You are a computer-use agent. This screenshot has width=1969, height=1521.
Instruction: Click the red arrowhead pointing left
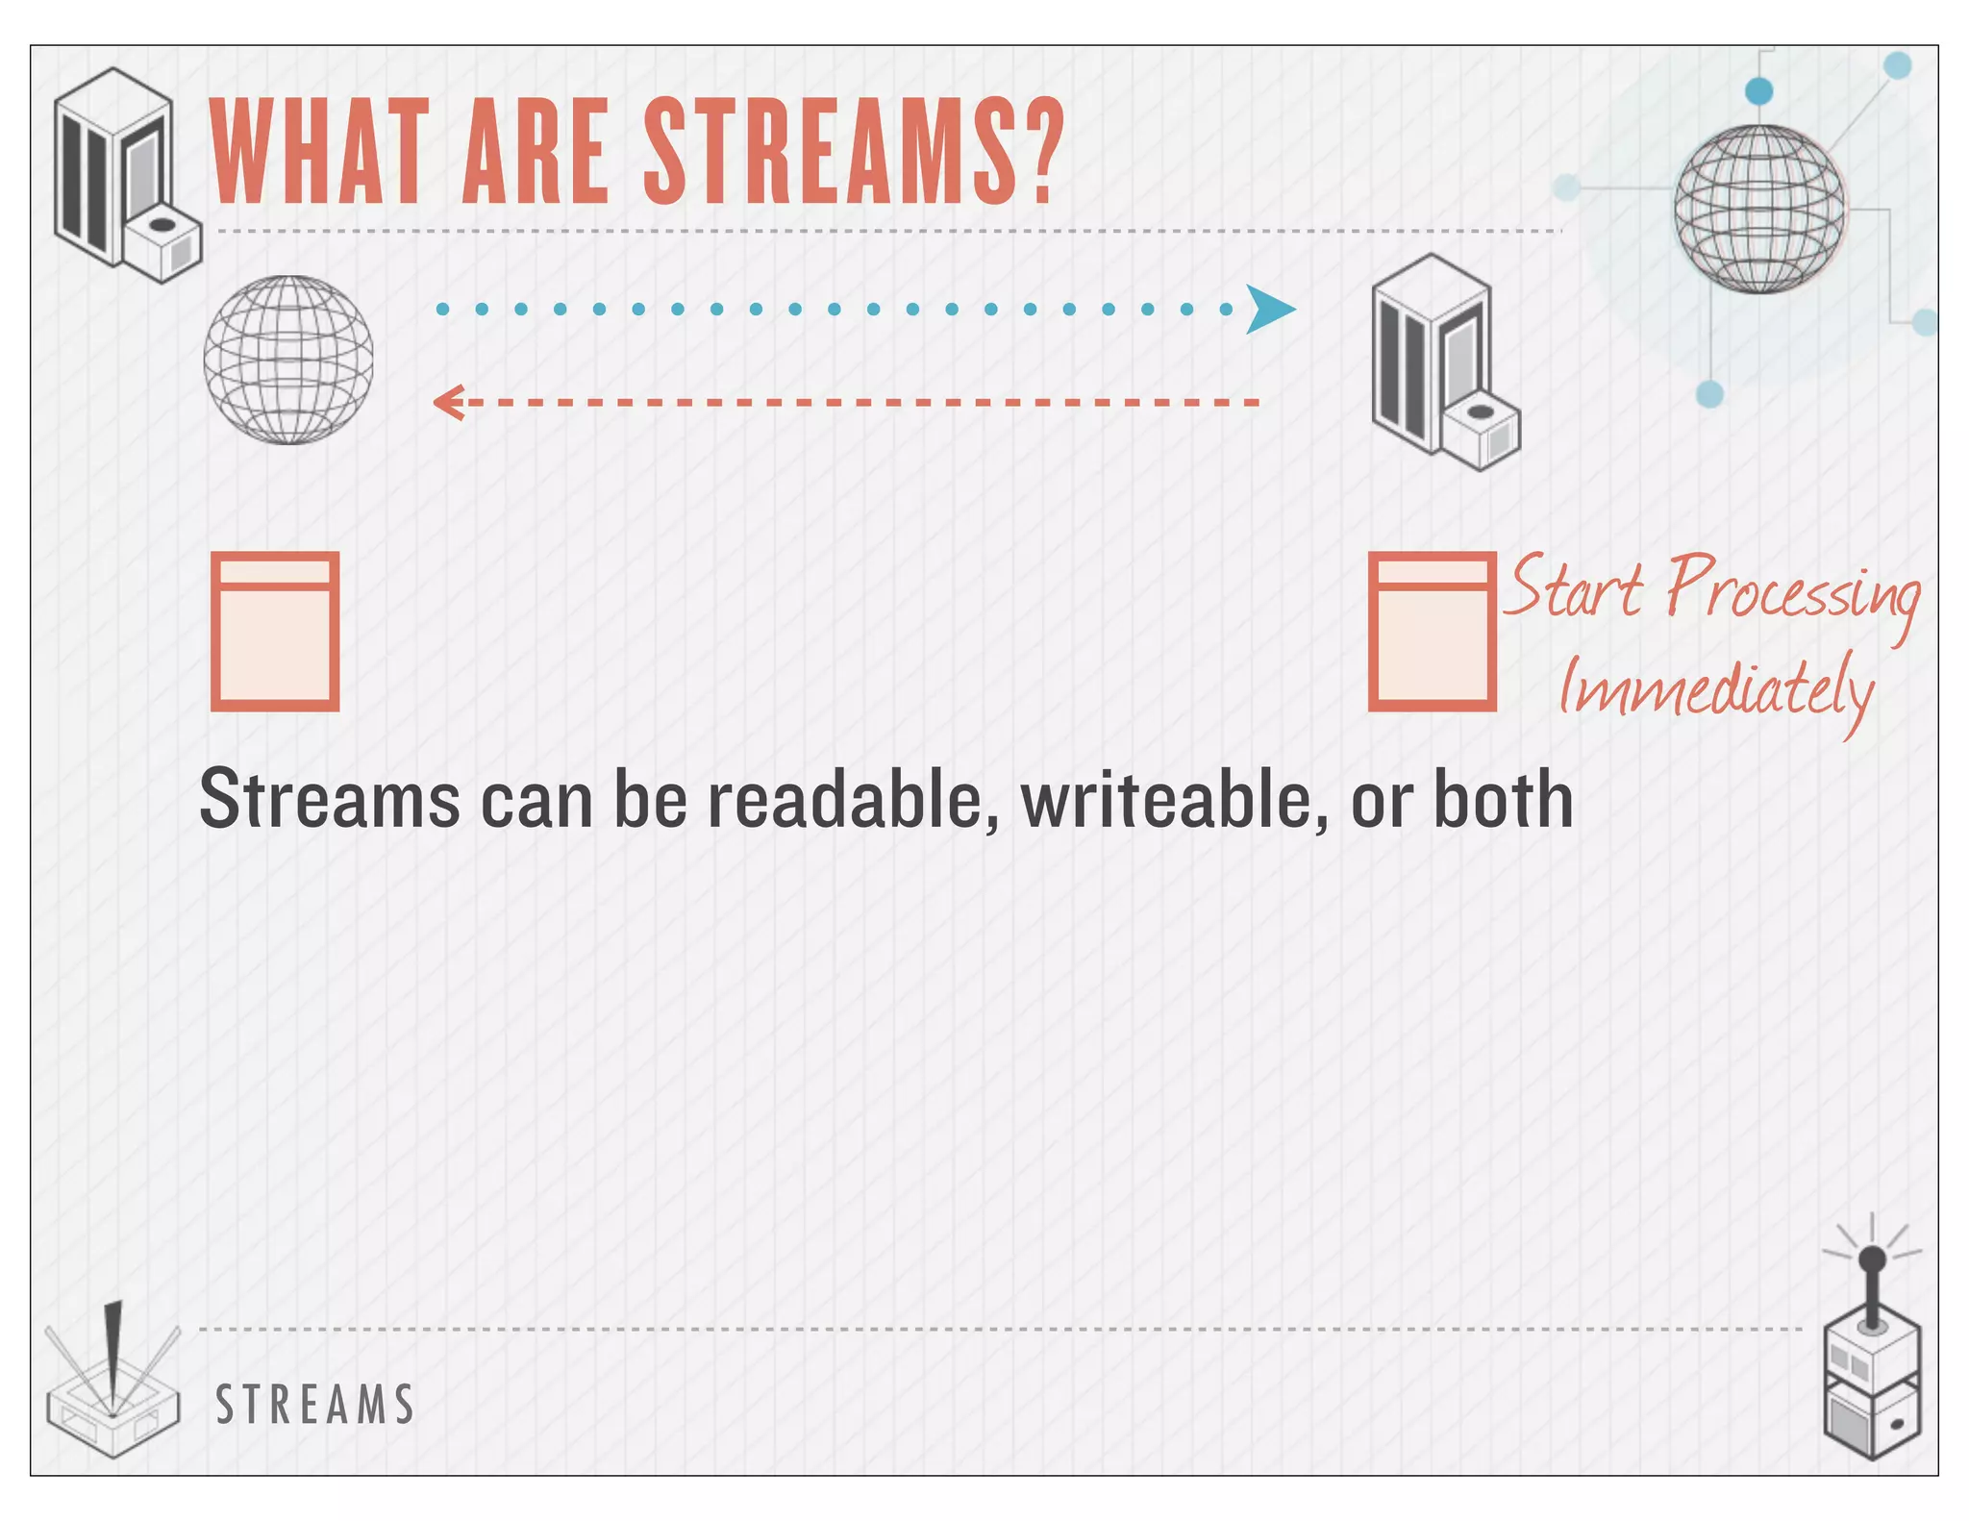point(448,402)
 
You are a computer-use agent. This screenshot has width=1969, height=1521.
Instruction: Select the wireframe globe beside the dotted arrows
point(288,360)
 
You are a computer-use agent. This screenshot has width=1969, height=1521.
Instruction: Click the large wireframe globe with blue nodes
point(1758,209)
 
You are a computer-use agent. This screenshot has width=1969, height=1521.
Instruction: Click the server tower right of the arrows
point(1442,362)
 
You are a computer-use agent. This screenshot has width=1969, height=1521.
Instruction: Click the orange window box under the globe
point(275,631)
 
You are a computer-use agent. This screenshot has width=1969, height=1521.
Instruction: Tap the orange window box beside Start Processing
point(1432,631)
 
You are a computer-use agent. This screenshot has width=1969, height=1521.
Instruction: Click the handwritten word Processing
point(1792,590)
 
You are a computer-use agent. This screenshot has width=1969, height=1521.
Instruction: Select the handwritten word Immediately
point(1715,688)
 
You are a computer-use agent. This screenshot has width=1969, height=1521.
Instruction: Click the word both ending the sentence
point(1503,800)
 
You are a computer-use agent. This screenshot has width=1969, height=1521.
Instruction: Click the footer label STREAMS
point(315,1405)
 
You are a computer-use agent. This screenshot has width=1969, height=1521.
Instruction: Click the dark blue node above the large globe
point(1758,91)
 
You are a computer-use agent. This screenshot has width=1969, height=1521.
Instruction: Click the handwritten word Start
point(1573,586)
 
